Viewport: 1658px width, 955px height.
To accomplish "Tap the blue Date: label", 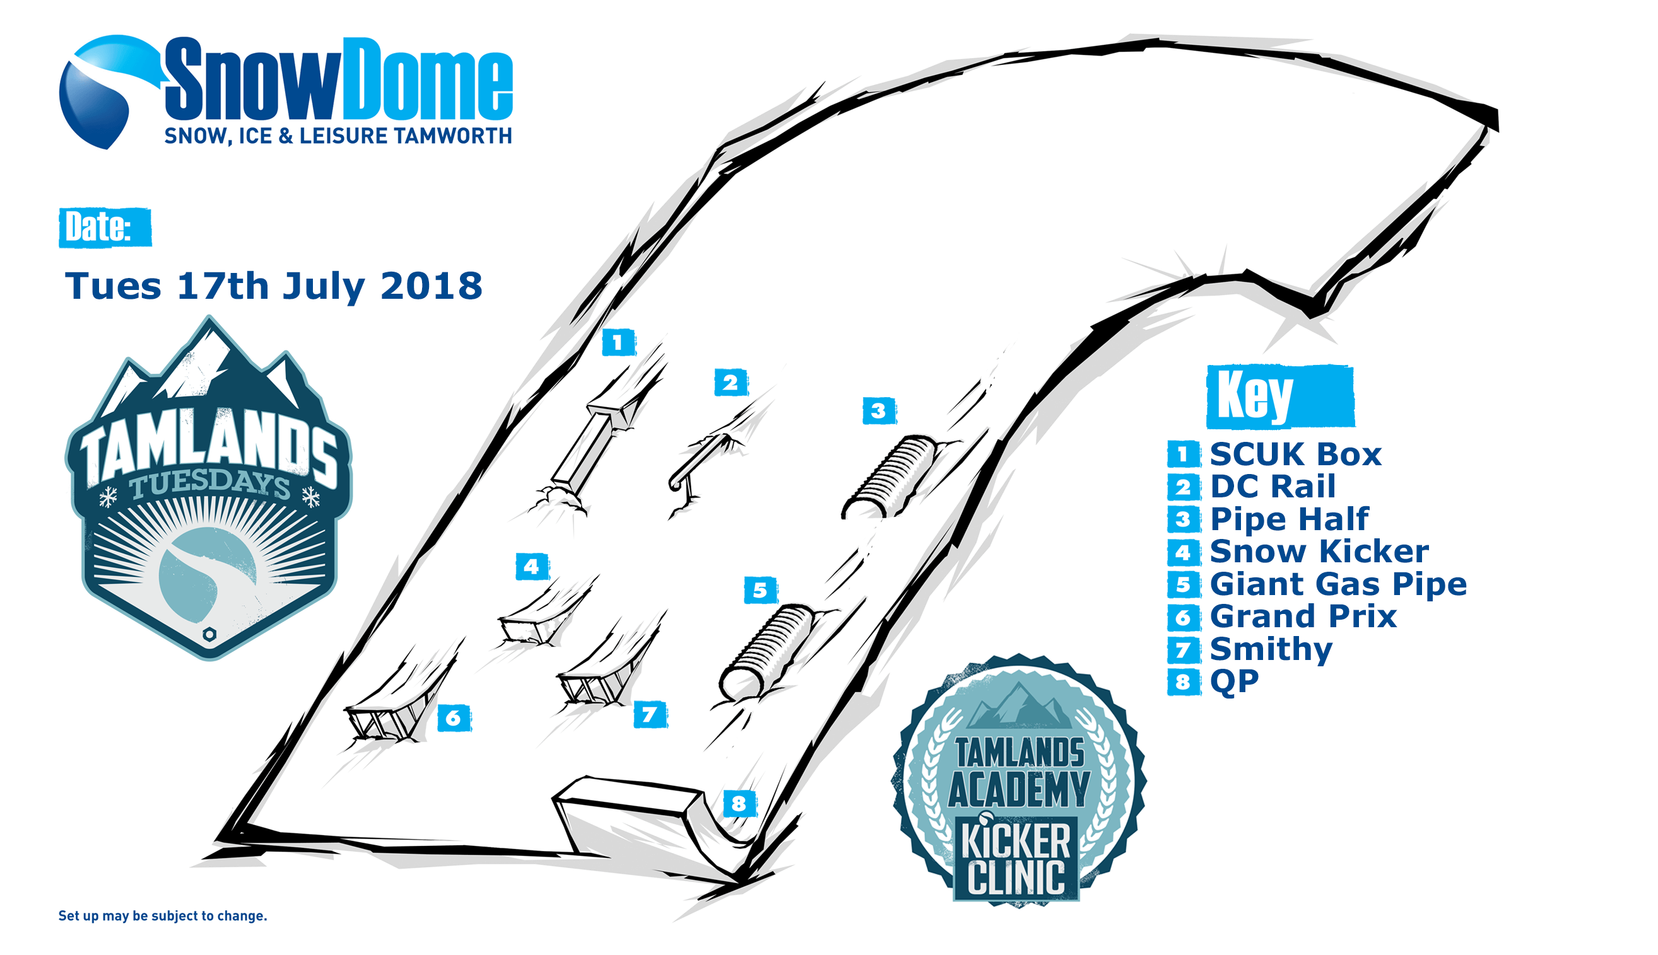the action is [105, 228].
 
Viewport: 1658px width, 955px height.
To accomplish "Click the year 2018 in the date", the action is [432, 286].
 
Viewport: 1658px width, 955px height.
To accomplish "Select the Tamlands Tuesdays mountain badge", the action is [209, 489].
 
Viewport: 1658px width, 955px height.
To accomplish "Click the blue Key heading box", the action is [1280, 396].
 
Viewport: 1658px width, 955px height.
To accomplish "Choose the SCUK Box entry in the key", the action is [1274, 454].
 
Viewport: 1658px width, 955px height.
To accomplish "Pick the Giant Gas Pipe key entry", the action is [1317, 584].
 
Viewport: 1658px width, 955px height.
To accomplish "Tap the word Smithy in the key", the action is [1271, 649].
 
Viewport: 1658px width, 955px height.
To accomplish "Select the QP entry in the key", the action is [1213, 681].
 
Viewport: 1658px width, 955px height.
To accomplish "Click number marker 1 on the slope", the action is [618, 342].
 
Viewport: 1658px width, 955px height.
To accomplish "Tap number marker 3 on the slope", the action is [879, 411].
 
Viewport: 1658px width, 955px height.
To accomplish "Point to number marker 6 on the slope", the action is [454, 717].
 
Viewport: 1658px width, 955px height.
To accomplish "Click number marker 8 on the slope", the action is [739, 804].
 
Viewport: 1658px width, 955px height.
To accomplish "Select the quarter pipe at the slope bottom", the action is [650, 826].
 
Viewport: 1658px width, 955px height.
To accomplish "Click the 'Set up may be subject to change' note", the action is [163, 916].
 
